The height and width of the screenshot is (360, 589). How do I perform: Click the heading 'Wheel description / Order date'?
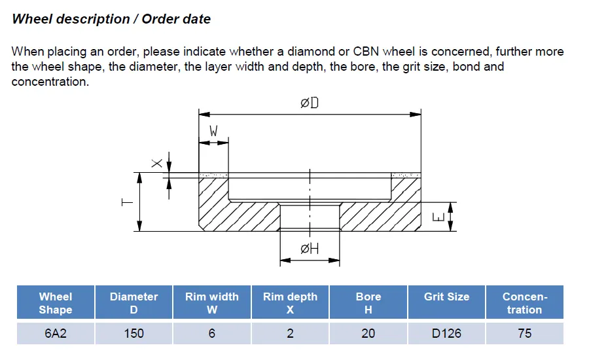click(x=111, y=19)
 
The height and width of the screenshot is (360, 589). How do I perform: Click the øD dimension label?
click(x=310, y=103)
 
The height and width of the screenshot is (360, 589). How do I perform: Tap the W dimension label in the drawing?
click(x=213, y=131)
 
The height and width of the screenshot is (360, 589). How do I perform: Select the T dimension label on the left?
click(x=127, y=202)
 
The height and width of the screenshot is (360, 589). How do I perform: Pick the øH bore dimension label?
click(x=310, y=249)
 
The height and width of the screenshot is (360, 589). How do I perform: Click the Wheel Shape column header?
click(x=56, y=303)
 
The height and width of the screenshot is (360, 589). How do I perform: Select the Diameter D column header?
click(x=134, y=303)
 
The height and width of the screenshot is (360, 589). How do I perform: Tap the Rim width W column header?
click(x=212, y=303)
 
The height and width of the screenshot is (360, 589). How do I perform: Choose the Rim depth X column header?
click(x=290, y=303)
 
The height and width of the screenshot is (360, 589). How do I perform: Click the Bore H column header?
click(x=368, y=303)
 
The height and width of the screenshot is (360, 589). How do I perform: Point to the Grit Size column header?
click(x=446, y=297)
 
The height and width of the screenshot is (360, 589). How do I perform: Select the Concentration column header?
click(x=524, y=303)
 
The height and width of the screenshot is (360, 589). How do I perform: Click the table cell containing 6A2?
click(x=56, y=333)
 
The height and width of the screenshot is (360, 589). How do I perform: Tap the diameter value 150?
click(x=134, y=333)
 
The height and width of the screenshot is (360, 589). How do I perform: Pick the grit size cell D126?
click(x=446, y=333)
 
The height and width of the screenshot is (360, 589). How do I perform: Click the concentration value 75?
click(x=524, y=333)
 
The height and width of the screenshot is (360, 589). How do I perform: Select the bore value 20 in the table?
click(x=368, y=333)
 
